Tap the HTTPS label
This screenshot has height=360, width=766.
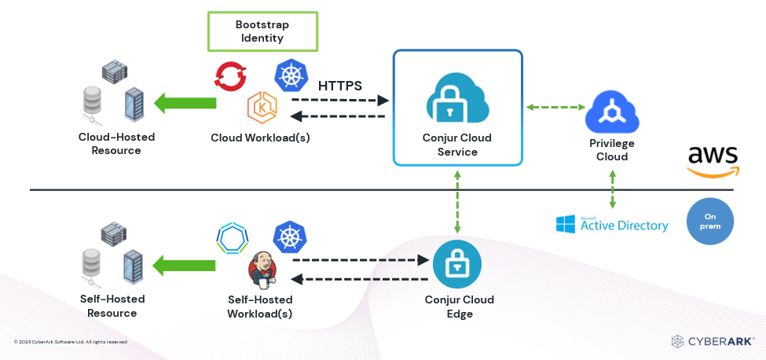click(339, 86)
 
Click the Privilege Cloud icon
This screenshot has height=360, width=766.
click(612, 113)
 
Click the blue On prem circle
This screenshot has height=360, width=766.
click(709, 221)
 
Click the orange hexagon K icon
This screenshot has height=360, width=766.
click(261, 107)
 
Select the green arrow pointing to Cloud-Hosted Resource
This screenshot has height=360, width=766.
click(185, 102)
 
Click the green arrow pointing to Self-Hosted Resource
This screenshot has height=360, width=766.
click(185, 265)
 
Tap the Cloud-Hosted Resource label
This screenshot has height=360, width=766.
click(116, 144)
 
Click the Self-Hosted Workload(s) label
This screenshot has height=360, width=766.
click(260, 307)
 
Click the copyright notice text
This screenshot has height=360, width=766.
click(71, 342)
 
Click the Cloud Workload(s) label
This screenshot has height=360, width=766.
click(260, 138)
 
